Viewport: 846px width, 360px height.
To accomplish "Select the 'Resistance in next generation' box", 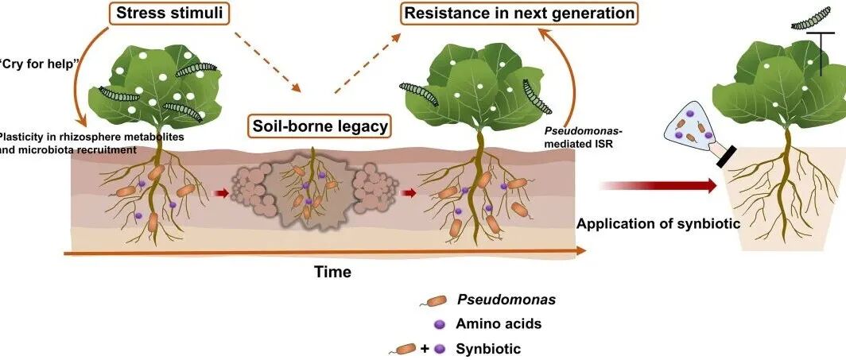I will point(518,14).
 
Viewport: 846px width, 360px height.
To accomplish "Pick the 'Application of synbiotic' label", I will point(658,223).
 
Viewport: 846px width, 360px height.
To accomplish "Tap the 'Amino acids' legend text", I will point(499,323).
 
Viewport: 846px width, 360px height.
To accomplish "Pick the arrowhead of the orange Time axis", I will point(582,250).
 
